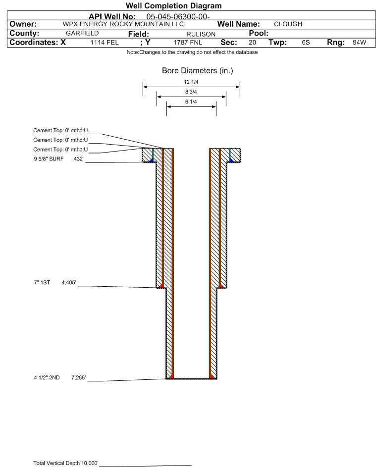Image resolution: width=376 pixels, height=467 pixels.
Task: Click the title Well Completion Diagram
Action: coord(174,5)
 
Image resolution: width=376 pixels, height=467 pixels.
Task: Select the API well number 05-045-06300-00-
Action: coord(178,17)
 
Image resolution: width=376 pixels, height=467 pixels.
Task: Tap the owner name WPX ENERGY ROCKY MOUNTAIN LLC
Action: coord(123,24)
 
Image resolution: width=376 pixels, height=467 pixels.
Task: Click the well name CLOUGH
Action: coord(288,24)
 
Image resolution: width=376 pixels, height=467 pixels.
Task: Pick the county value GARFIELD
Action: coord(82,33)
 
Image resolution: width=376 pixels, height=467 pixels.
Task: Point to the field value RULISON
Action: coord(201,34)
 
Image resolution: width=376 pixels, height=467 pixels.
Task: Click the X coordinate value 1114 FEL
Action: coord(104,42)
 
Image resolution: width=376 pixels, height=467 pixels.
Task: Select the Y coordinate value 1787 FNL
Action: coord(188,42)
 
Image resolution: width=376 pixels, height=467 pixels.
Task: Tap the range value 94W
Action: coord(359,42)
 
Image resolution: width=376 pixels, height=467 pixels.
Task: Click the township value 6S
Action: coord(306,42)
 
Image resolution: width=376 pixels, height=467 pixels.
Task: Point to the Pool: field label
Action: coord(259,33)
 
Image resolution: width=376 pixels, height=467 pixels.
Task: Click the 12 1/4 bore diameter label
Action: coord(191,82)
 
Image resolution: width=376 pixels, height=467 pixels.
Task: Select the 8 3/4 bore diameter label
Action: coord(191,92)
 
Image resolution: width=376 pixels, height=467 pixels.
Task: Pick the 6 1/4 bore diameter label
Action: coord(191,102)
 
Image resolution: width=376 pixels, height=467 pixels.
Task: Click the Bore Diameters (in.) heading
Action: coord(198,71)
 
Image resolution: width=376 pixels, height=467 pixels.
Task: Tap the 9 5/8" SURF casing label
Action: coord(49,159)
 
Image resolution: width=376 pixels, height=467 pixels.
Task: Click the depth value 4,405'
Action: coord(69,282)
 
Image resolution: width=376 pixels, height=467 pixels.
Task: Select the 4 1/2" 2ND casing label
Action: coord(47,377)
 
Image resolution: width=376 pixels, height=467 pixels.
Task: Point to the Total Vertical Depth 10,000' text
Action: coord(66,463)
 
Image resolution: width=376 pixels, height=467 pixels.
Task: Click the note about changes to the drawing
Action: coord(192,52)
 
